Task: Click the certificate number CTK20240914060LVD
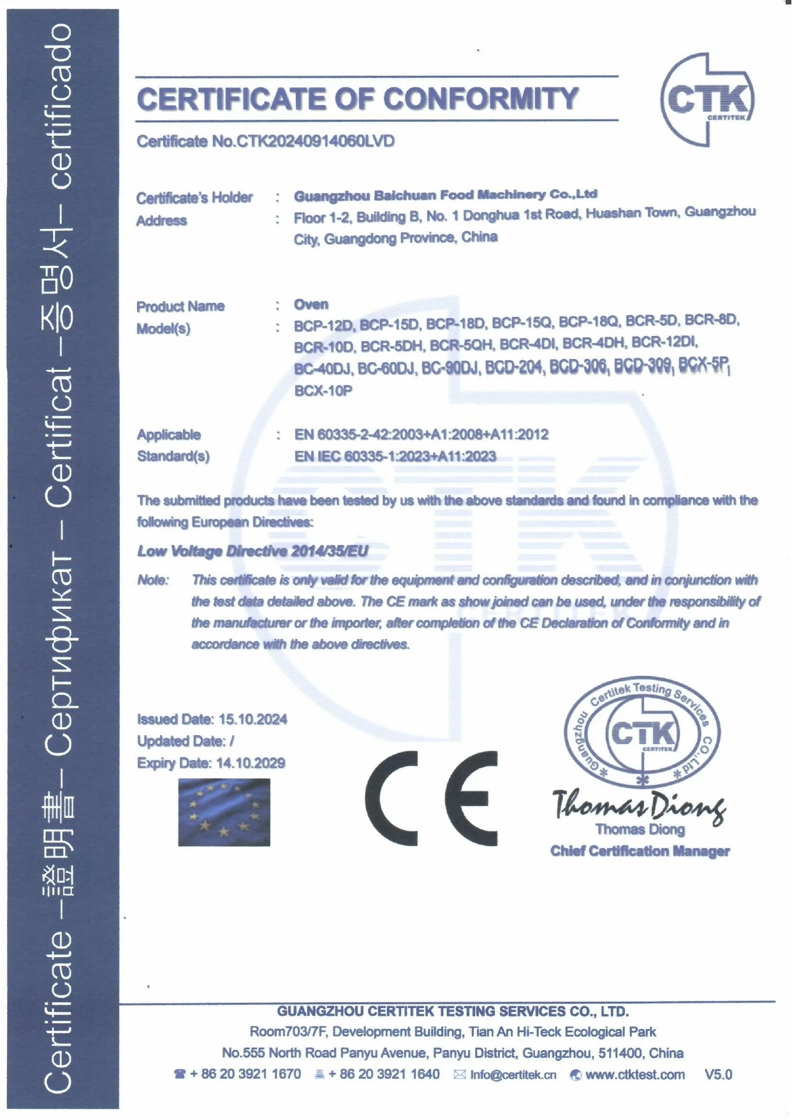(x=316, y=141)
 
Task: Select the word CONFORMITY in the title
(x=481, y=99)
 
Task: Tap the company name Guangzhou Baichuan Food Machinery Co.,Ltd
(x=445, y=194)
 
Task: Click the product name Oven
(x=311, y=304)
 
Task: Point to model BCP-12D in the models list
(x=323, y=325)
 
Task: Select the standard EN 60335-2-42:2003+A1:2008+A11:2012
(x=421, y=434)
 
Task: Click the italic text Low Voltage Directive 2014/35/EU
(x=253, y=551)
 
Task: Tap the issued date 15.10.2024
(x=253, y=719)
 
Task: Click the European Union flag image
(x=224, y=812)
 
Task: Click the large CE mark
(x=431, y=798)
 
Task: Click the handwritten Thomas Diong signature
(x=638, y=805)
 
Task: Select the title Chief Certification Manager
(x=640, y=851)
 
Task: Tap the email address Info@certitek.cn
(x=513, y=1075)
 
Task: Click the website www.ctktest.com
(x=634, y=1075)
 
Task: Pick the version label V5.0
(x=718, y=1075)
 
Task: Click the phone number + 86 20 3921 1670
(x=245, y=1074)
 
